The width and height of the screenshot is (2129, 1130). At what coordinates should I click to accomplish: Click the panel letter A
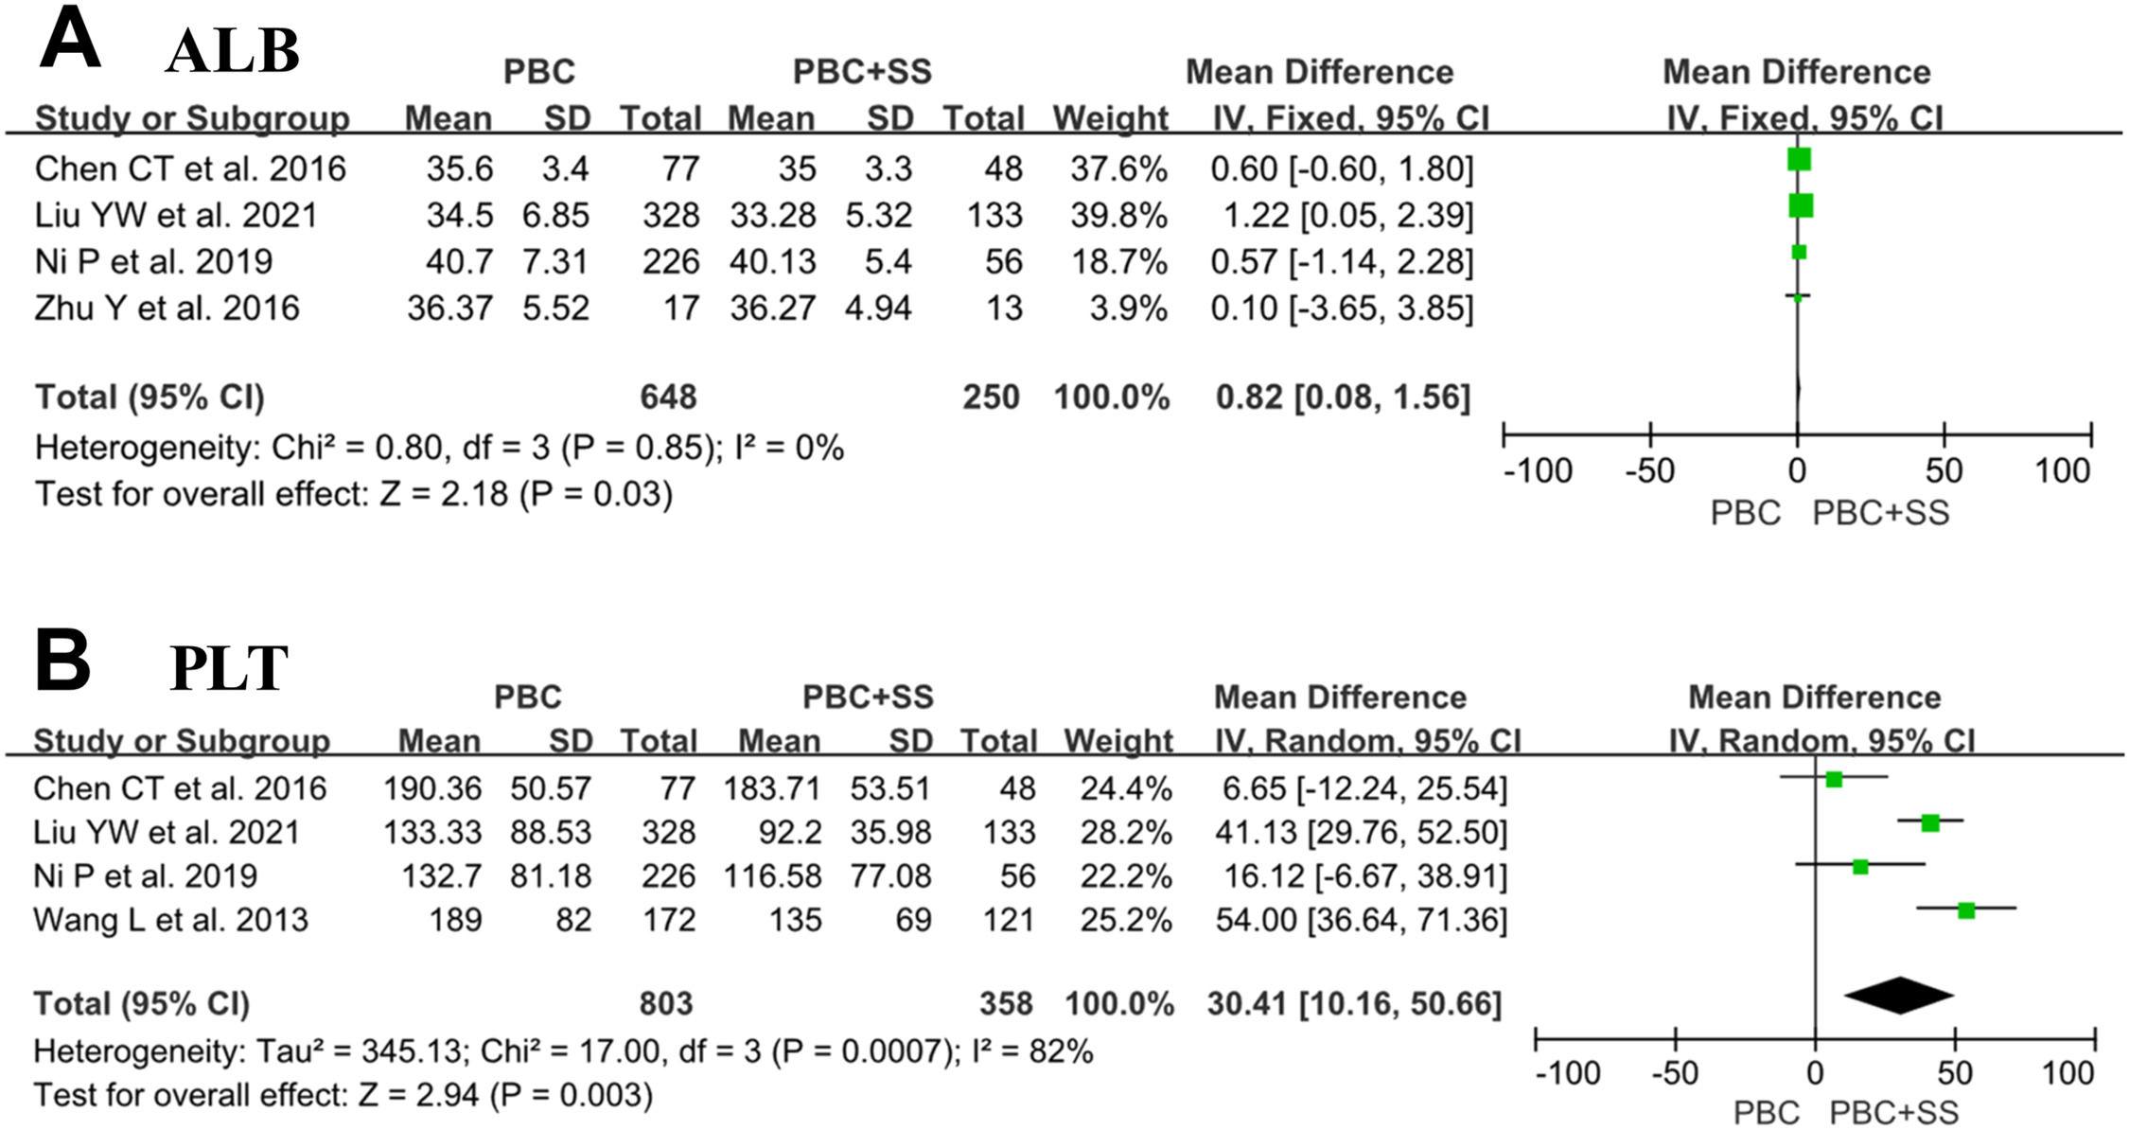(70, 43)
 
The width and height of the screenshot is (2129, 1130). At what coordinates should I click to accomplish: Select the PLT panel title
(229, 669)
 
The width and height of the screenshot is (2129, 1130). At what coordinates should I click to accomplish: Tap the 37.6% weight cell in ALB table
(1119, 168)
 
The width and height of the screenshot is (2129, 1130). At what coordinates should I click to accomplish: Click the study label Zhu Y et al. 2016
(167, 309)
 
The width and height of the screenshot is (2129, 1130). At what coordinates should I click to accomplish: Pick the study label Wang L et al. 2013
(170, 920)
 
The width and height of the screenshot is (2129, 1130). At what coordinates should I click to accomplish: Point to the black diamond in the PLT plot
(1899, 996)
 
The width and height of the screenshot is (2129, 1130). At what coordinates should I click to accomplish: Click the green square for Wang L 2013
(1966, 910)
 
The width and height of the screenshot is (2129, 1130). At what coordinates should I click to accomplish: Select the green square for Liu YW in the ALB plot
(1801, 205)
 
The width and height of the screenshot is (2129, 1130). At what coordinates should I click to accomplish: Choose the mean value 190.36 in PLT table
(432, 788)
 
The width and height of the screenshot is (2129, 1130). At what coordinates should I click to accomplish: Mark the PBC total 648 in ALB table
(668, 397)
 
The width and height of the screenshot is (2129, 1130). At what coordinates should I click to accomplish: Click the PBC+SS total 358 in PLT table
(1006, 1003)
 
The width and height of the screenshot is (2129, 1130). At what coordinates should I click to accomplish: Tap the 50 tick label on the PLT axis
(1955, 1073)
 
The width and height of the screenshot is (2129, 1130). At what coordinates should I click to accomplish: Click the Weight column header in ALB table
(1111, 119)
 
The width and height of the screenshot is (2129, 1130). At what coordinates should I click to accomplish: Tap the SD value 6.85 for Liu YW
(555, 215)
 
